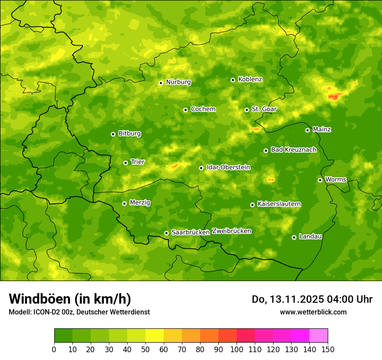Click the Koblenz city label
pos(250,79)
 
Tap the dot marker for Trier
pos(126,163)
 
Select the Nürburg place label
pos(178,82)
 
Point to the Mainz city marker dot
pos(307,130)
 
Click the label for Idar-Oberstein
pos(228,167)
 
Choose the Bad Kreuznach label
pos(293,150)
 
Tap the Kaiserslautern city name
pos(279,204)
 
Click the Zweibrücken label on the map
pos(231,231)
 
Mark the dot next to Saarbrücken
pos(166,233)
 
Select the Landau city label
pos(310,236)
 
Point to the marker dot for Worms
pos(320,180)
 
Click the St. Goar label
pos(264,109)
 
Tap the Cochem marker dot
pos(185,110)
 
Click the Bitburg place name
pos(129,134)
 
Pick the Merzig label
pos(140,203)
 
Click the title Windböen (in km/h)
pos(69,299)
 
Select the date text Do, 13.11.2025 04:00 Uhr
pos(312,299)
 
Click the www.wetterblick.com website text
pos(313,312)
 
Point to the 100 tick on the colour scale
pos(237,349)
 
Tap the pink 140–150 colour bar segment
pos(319,336)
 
